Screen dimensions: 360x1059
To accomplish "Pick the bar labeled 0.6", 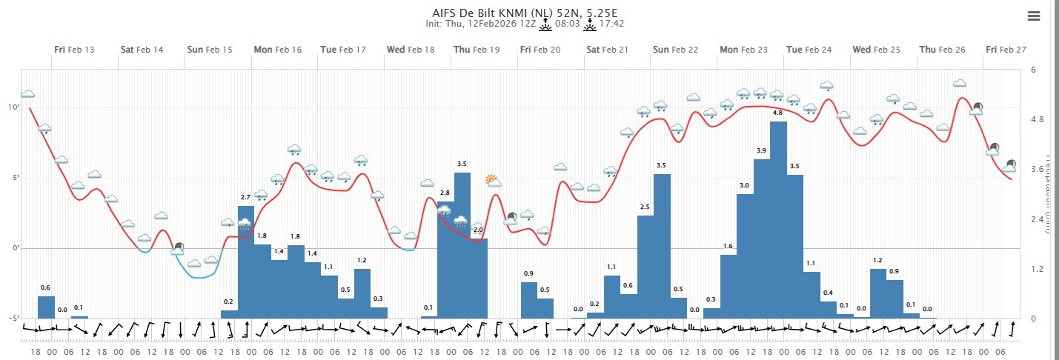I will coord(46,307).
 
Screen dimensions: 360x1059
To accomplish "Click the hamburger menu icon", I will coord(1034,16).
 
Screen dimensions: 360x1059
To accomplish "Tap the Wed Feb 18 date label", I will coord(410,50).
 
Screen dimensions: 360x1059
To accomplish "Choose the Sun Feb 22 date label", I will coord(675,50).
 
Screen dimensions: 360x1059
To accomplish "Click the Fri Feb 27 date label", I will coord(1006,50).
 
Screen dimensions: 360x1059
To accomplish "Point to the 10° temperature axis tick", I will coord(13,107).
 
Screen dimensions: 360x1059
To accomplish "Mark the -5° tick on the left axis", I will coord(12,319).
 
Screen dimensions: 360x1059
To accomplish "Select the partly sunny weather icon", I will coord(493,180).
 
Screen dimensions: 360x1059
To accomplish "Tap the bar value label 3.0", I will coord(745,185).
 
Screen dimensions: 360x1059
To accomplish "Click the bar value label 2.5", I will coord(645,207).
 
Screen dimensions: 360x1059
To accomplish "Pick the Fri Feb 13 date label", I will coord(74,50).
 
